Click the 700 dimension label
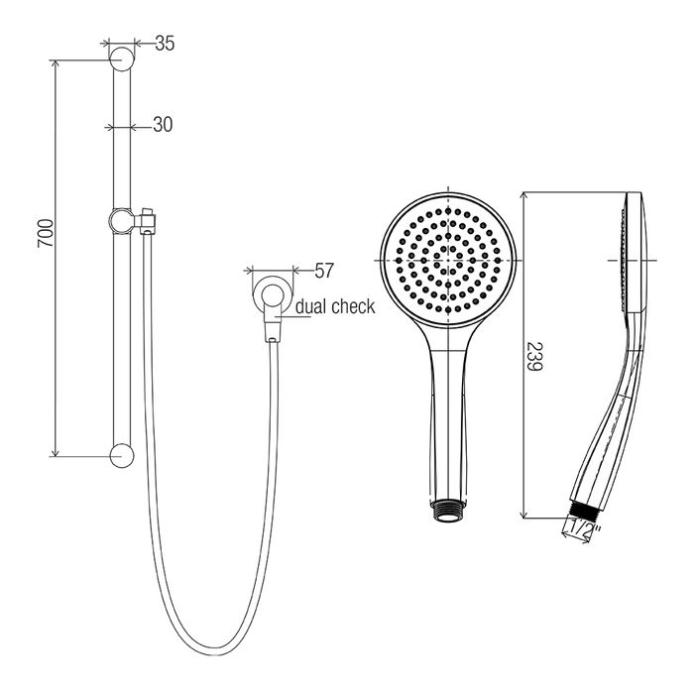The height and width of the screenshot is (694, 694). click(x=45, y=233)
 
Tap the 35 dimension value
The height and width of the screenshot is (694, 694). click(x=166, y=44)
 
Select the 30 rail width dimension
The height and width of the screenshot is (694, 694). click(x=163, y=125)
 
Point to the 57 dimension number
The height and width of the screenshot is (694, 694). click(x=323, y=271)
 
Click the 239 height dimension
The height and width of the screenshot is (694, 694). click(x=534, y=356)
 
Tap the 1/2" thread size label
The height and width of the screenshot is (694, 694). click(x=585, y=527)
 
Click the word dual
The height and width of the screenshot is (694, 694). click(x=311, y=306)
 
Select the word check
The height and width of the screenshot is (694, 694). click(x=353, y=306)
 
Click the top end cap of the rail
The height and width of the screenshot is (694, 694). click(x=121, y=58)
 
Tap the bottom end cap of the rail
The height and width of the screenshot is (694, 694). click(x=121, y=456)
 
